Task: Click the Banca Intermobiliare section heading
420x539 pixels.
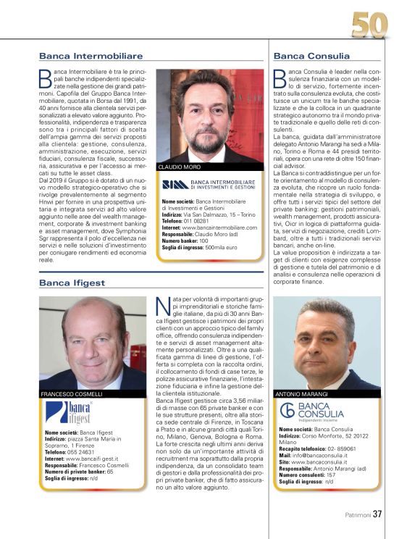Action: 91,56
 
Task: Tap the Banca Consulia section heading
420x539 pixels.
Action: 311,56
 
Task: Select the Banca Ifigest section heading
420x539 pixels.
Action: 72,283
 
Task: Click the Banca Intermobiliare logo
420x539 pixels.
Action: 209,185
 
